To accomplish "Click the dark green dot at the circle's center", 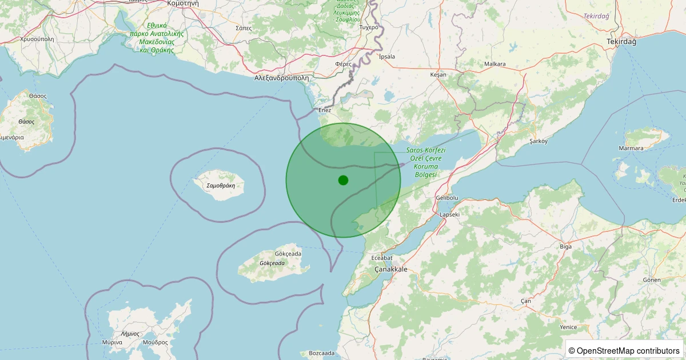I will click(343, 180).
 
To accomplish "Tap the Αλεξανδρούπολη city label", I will click(281, 78).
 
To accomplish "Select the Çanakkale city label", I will click(390, 269).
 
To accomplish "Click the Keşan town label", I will click(438, 74).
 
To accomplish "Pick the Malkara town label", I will click(494, 64).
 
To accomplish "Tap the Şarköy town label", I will click(539, 141).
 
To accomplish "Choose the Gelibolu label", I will click(447, 198).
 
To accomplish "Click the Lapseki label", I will click(449, 214).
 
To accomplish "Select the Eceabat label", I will click(382, 258).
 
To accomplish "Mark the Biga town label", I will click(566, 246).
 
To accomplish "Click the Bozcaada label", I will click(321, 353).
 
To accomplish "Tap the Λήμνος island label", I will click(130, 333).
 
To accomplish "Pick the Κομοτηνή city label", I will click(183, 3).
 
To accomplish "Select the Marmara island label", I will click(631, 149).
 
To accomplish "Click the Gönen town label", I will click(651, 279).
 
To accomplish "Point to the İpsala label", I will click(387, 57).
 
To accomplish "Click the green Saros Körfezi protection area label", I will click(426, 162).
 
